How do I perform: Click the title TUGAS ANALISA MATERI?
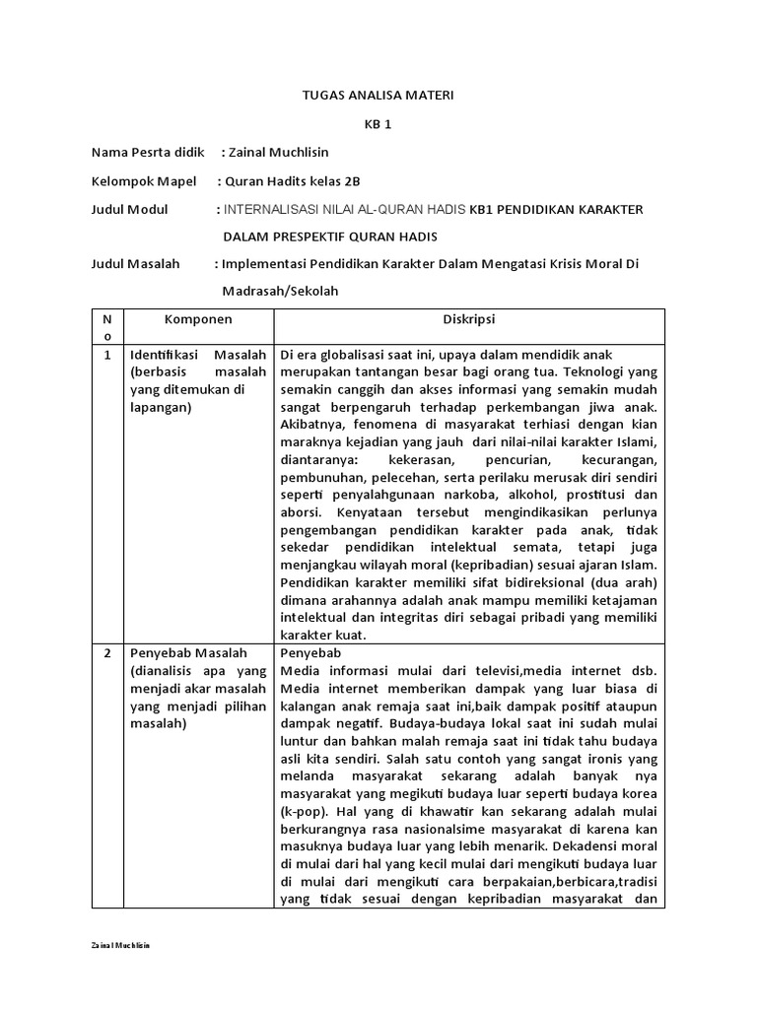pyautogui.click(x=378, y=96)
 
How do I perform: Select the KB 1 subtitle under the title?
pyautogui.click(x=378, y=124)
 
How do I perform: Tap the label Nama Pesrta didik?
pyautogui.click(x=147, y=153)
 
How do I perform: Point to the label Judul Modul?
pyautogui.click(x=129, y=209)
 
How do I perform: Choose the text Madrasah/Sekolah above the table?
pyautogui.click(x=280, y=293)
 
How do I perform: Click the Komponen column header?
pyautogui.click(x=198, y=319)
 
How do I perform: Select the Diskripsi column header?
pyautogui.click(x=469, y=319)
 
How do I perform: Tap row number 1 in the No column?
pyautogui.click(x=106, y=355)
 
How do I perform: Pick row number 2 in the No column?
pyautogui.click(x=106, y=653)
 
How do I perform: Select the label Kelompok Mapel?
pyautogui.click(x=139, y=181)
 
